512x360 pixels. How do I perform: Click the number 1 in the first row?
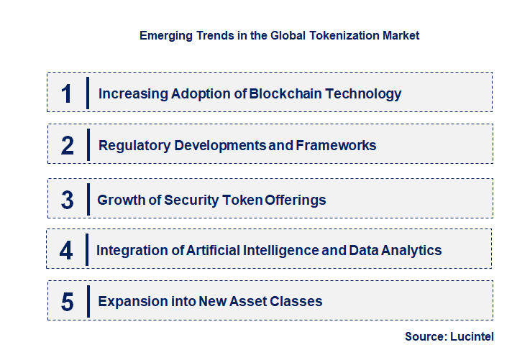tap(67, 93)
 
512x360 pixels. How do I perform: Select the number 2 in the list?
tap(67, 146)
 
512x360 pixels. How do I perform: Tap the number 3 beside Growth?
tap(67, 200)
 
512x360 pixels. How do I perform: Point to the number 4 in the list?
tap(66, 251)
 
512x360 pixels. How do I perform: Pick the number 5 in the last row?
tap(67, 302)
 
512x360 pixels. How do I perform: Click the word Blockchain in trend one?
tap(283, 93)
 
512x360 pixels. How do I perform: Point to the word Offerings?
tap(295, 200)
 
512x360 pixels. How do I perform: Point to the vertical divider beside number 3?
tap(87, 199)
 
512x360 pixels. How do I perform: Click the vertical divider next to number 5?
tap(87, 301)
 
